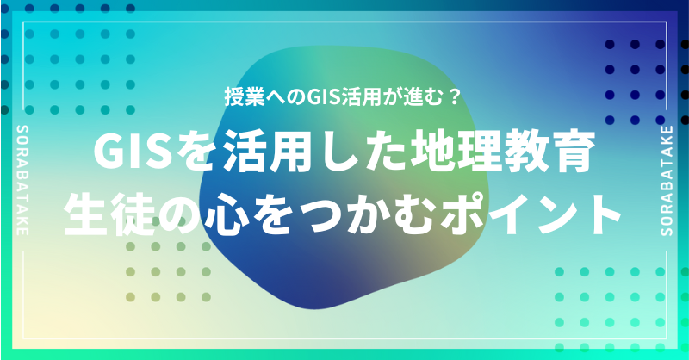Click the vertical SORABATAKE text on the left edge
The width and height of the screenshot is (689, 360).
pyautogui.click(x=22, y=180)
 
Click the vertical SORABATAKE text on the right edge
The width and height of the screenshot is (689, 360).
pyautogui.click(x=667, y=180)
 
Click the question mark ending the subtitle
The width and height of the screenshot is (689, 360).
pyautogui.click(x=454, y=96)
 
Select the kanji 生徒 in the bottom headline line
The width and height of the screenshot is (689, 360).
pyautogui.click(x=111, y=214)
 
